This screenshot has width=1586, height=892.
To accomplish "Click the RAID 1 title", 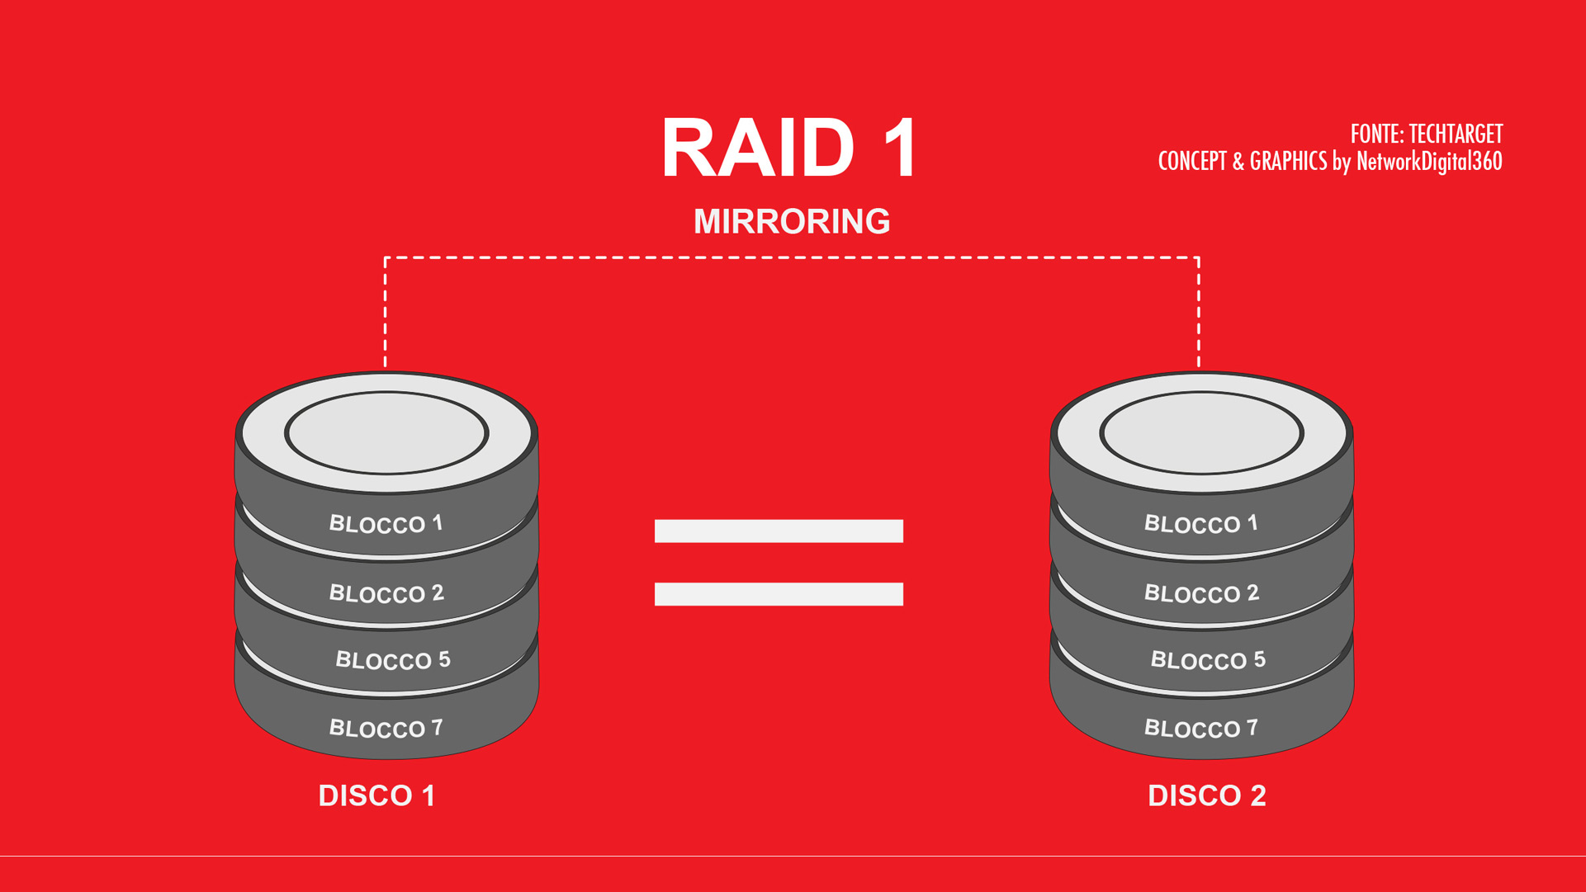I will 789,149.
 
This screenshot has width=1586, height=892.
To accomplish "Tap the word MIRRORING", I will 792,221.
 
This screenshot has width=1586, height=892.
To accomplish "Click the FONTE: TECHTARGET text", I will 1426,134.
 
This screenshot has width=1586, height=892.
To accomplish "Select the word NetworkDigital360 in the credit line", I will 1428,161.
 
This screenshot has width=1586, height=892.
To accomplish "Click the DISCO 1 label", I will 376,795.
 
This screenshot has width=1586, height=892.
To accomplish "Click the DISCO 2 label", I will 1206,795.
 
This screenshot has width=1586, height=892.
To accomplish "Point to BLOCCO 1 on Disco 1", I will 386,523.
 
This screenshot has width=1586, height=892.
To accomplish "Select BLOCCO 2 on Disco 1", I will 386,593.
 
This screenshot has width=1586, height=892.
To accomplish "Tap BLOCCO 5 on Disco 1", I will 392,660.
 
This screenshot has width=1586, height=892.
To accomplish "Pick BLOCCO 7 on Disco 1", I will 386,728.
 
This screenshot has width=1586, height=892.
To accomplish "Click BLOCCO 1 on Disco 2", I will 1200,523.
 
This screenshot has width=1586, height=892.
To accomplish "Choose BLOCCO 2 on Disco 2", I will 1200,593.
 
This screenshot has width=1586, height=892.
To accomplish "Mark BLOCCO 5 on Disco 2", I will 1207,660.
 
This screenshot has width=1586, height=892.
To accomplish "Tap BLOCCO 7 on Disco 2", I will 1200,728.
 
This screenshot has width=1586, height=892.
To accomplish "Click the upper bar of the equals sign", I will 779,531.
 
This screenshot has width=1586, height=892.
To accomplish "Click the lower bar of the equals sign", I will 779,594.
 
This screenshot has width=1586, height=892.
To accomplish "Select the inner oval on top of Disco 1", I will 386,433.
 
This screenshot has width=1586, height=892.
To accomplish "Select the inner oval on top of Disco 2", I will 1201,433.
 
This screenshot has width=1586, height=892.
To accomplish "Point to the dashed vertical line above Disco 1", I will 386,314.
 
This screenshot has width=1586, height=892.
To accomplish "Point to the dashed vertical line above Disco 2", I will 1199,314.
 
